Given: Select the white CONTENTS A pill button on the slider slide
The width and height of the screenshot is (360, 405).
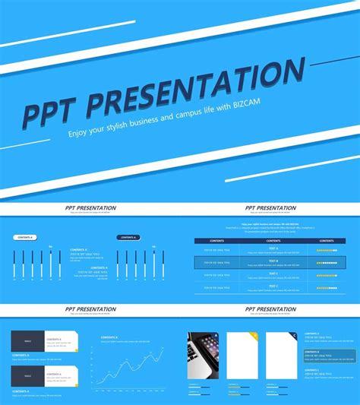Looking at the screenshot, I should [26, 237].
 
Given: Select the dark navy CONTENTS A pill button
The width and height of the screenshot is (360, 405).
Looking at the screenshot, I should [128, 237].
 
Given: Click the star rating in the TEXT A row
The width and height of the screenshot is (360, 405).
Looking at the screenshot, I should [327, 249].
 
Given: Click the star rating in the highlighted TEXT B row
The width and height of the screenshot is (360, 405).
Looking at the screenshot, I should [327, 263].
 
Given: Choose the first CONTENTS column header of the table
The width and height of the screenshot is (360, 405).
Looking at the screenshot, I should [216, 241].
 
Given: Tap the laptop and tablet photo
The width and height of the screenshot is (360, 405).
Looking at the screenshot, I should [203, 355].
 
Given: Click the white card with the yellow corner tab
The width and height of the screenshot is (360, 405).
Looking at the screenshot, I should [242, 355].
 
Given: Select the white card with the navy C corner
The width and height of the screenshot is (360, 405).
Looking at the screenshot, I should [281, 355].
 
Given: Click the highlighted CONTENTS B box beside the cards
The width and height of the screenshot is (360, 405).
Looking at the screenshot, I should [328, 356].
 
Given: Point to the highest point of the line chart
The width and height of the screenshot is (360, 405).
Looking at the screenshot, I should [162, 348].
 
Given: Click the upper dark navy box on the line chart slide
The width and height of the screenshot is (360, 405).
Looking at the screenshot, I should [27, 341].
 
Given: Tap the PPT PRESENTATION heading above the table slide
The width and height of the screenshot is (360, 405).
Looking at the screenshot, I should [271, 207].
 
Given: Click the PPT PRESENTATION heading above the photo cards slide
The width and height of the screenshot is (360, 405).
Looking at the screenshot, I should [271, 309].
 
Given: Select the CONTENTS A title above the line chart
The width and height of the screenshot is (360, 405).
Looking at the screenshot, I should [109, 337].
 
